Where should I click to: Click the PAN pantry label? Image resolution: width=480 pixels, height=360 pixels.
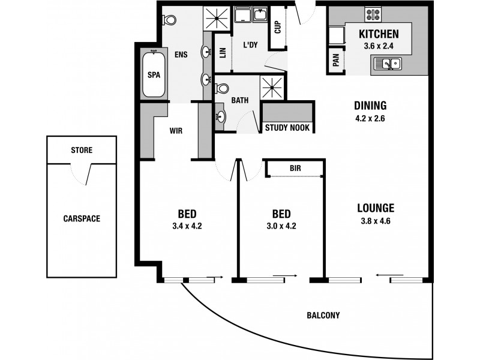coord(335,60)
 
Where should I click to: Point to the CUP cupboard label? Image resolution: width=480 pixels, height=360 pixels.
coord(278,28)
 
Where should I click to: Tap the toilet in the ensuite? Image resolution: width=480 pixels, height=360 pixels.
coord(169,20)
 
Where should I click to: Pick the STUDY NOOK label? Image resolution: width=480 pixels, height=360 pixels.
coord(287,128)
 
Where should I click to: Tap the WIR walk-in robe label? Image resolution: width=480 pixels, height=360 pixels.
coord(176,130)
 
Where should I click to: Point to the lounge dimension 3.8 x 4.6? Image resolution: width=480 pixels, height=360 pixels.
coord(375,221)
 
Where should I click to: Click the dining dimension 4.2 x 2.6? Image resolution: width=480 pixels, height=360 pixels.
coord(370,118)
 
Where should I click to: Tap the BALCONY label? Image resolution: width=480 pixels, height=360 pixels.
coord(323,315)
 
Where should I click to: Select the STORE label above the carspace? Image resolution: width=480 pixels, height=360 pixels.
coord(81,149)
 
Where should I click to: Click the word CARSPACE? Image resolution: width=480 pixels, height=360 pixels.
coord(81,218)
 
